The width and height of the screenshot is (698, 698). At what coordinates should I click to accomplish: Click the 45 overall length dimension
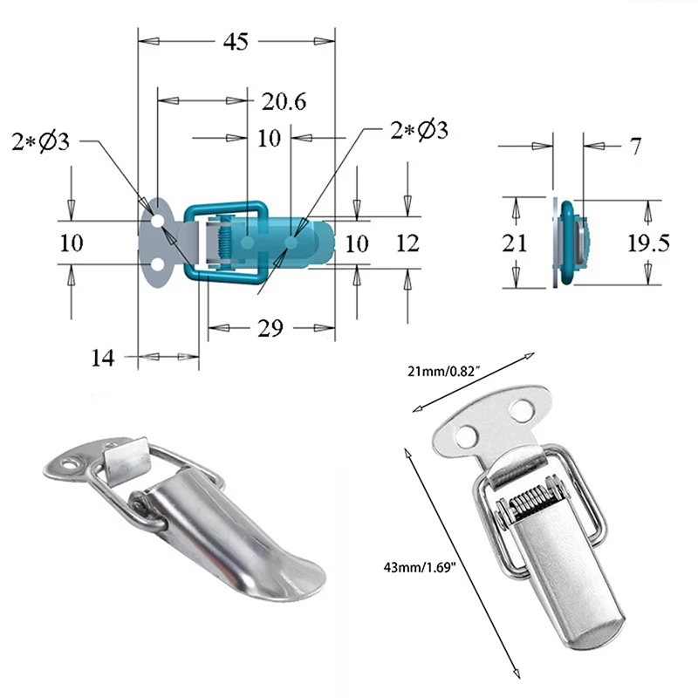pos(236,41)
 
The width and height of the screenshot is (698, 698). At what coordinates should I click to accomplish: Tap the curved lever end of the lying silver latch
pos(297,580)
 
